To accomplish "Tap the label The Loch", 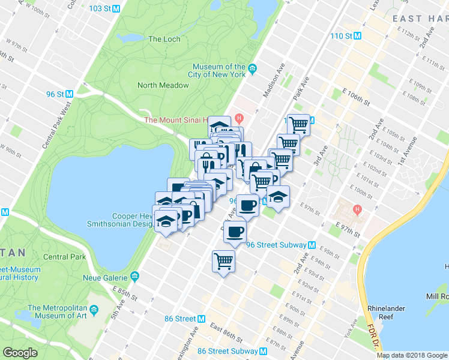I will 164,39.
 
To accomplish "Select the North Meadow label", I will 163,85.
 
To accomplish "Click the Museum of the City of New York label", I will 219,71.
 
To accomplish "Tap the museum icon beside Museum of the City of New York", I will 253,68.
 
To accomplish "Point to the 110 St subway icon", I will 358,36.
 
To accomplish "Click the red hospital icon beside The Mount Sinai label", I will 240,118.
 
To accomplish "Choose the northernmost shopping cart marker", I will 298,125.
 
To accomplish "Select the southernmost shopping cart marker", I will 223,261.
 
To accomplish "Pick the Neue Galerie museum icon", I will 134,277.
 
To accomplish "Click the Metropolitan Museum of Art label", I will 58,310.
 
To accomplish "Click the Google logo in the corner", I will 20,353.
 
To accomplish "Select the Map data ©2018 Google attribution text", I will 412,355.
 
